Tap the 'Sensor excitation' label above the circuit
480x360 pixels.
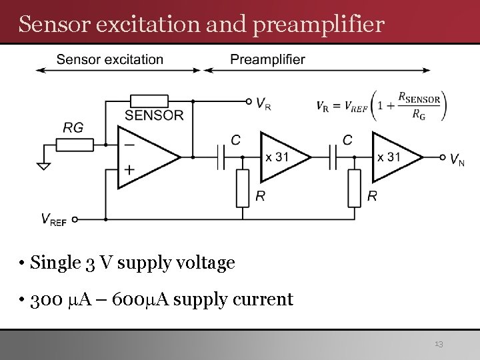(x=109, y=59)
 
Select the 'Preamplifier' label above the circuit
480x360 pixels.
(x=267, y=59)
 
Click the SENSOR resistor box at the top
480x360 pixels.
(x=149, y=101)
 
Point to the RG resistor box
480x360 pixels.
(x=74, y=144)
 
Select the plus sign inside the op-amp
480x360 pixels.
(x=128, y=170)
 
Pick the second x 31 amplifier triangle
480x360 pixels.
(x=393, y=157)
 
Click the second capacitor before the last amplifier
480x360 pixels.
(x=336, y=157)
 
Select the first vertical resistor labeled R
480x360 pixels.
(x=243, y=188)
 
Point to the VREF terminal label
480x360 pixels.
(x=53, y=220)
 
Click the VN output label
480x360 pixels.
(x=457, y=159)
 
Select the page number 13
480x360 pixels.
(x=438, y=344)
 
